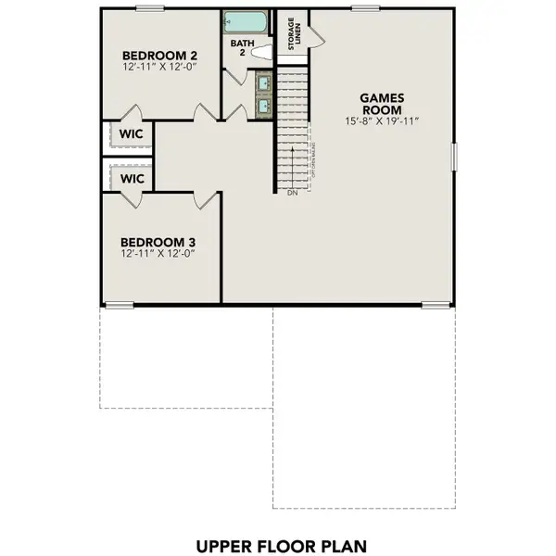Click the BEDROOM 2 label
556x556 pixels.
(154, 55)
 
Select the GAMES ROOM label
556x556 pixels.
(381, 101)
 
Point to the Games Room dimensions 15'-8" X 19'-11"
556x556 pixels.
(381, 121)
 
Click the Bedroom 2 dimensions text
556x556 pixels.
(154, 68)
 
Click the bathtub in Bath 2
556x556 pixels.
(243, 22)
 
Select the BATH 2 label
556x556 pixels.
(239, 48)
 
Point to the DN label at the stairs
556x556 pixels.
(291, 194)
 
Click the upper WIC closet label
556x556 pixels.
(131, 133)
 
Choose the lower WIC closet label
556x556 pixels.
(131, 177)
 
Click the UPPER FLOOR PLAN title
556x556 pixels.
(278, 545)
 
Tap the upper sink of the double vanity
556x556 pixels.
(263, 85)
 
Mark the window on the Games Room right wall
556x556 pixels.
(454, 156)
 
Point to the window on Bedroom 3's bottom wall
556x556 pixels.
(118, 304)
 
